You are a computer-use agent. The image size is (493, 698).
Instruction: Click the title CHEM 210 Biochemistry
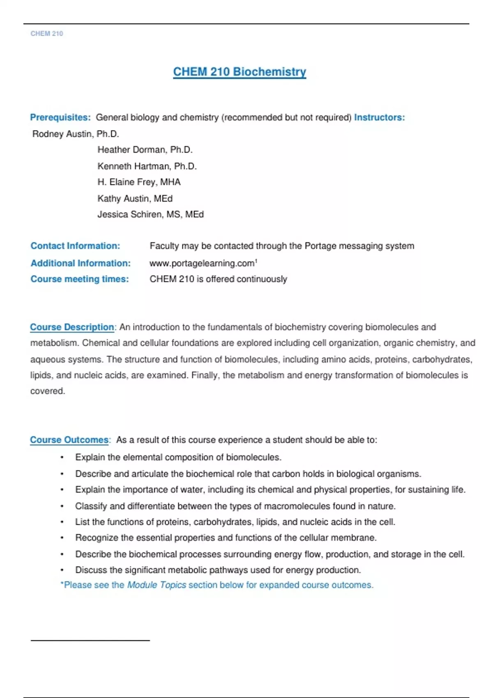click(x=240, y=72)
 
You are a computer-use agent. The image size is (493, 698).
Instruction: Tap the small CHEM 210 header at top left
click(x=47, y=34)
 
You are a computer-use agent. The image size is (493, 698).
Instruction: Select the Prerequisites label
click(x=60, y=117)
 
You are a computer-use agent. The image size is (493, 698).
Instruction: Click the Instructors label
click(x=379, y=117)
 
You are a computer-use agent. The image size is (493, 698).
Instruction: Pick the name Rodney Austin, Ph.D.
click(x=76, y=134)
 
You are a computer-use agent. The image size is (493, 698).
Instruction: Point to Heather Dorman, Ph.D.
click(x=145, y=150)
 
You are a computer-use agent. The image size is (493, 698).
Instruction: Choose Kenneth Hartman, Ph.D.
click(x=147, y=166)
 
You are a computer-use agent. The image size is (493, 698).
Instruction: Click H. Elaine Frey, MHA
click(x=139, y=182)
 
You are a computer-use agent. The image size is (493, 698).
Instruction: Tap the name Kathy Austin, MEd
click(x=135, y=199)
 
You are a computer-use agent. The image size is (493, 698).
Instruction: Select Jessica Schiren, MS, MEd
click(x=150, y=214)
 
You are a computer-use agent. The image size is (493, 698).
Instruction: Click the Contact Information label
click(x=75, y=246)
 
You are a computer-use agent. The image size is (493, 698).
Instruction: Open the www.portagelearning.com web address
click(x=202, y=263)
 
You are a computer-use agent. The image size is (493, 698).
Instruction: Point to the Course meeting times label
click(x=80, y=279)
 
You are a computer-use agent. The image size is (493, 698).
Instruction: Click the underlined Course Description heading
click(x=72, y=327)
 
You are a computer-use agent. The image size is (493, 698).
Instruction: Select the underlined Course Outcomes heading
click(x=69, y=440)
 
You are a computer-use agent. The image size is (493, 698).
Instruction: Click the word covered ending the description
click(x=47, y=391)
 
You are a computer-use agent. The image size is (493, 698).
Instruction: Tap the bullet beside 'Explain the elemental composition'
click(x=62, y=457)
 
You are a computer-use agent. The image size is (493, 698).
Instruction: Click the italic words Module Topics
click(x=157, y=585)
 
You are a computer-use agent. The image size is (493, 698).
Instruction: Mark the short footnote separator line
click(x=90, y=640)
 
